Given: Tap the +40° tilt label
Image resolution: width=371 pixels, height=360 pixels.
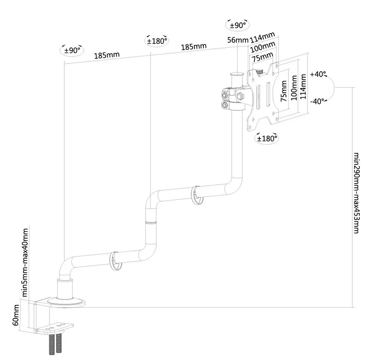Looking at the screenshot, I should [x=319, y=74].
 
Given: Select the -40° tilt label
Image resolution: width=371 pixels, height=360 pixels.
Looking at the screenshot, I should [x=319, y=101].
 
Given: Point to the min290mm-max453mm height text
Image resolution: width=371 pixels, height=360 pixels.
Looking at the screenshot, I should [x=356, y=192].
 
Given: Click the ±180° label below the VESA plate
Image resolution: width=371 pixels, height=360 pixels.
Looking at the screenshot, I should [x=267, y=138].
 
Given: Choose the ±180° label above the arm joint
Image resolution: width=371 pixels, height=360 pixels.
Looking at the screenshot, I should [x=156, y=41].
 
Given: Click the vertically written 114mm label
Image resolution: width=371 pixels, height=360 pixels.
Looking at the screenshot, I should [x=303, y=88].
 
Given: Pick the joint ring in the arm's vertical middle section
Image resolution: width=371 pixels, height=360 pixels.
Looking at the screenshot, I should [x=149, y=223].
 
